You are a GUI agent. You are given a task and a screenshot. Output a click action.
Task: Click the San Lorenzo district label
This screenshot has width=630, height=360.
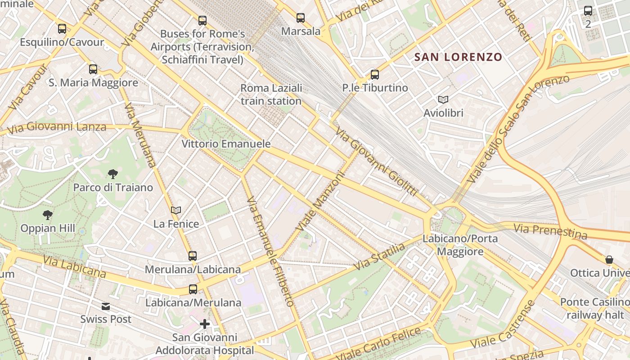point(458,57)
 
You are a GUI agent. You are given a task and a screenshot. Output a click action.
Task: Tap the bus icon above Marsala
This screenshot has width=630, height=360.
point(301,18)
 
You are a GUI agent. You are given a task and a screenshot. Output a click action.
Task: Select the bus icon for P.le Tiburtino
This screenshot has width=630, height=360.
point(375,75)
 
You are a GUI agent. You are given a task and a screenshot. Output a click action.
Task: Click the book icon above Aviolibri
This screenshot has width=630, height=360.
point(443,100)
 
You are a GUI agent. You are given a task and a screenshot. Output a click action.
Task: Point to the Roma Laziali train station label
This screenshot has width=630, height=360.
point(271,94)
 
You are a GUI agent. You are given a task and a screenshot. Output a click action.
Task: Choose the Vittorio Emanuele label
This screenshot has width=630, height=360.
point(226,144)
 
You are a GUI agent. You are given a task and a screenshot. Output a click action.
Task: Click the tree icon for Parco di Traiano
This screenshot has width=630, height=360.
point(113,174)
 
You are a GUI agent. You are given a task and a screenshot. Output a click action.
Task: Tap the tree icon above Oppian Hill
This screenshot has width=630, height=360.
point(48,215)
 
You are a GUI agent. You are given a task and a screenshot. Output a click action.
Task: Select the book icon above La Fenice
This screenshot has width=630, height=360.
point(176,210)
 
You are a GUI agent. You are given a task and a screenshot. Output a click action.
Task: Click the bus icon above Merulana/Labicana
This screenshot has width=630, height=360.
point(193,256)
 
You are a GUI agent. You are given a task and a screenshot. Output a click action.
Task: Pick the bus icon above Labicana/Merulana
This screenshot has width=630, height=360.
point(193,289)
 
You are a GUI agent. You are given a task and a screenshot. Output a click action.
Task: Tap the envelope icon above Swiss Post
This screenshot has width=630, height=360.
point(106,306)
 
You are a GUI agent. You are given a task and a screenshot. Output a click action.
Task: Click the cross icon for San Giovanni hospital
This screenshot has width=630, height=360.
point(205,324)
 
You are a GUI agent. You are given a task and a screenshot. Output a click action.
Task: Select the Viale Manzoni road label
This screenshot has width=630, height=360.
point(320,202)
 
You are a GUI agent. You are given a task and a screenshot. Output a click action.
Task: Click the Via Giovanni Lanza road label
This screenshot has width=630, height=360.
point(57,126)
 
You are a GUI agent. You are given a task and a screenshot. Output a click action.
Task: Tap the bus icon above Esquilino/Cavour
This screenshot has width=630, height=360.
point(62,29)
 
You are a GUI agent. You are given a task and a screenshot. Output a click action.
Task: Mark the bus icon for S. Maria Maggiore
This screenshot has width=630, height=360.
point(93,69)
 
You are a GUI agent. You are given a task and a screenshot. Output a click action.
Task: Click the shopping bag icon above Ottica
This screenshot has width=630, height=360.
point(609,260)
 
